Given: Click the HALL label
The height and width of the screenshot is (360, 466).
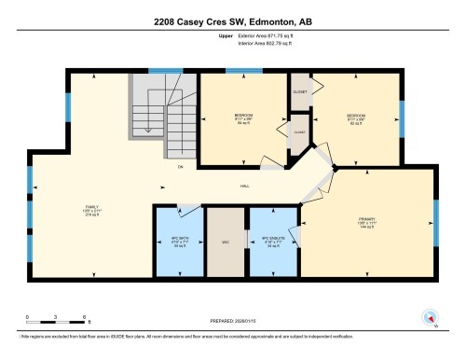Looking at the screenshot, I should click(x=244, y=186).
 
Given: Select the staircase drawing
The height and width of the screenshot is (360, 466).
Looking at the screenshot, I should click(x=151, y=117).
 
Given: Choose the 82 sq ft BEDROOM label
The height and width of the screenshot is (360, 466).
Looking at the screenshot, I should click(x=357, y=118).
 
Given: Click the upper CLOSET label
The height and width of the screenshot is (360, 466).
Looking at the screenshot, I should click(x=300, y=91).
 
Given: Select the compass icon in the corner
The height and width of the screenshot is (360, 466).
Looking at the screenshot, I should click(x=430, y=316).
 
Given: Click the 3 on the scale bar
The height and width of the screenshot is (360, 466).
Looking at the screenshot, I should click(x=55, y=318).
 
